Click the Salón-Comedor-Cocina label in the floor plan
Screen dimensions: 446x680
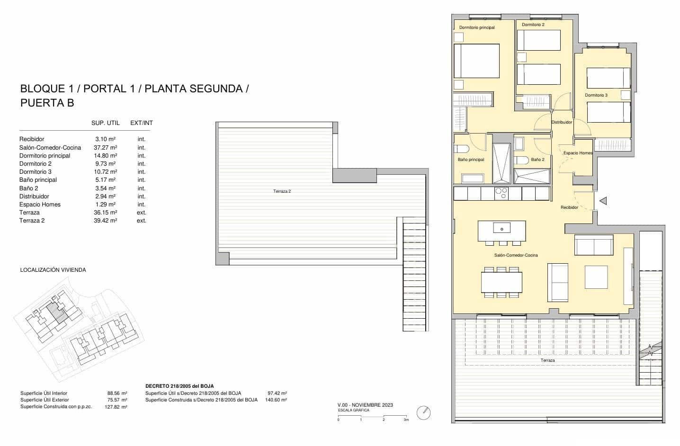516,255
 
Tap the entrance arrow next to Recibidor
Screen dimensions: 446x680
603,201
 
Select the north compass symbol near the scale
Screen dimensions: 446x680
423,412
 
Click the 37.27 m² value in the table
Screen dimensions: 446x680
105,147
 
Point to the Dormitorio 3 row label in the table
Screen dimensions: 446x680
36,171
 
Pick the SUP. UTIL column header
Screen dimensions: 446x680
105,123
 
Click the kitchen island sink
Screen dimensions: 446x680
501,229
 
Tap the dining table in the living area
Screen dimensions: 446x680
501,282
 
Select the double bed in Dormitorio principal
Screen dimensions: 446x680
476,61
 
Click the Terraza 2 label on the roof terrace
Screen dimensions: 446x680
282,191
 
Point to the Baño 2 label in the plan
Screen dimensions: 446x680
537,160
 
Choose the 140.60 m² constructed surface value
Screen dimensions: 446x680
277,400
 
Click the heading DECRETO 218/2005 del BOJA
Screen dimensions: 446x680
179,386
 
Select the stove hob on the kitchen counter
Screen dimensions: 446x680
501,193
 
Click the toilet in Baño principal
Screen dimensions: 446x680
462,149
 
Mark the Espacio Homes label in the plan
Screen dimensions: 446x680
578,153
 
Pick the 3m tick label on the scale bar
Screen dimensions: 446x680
405,420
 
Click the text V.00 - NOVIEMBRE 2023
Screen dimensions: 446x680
365,405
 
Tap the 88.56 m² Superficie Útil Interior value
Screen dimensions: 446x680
117,393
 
